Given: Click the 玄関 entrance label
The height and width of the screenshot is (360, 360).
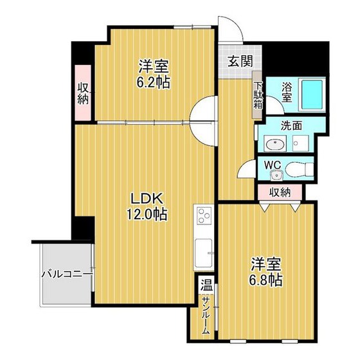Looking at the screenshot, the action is (240, 61).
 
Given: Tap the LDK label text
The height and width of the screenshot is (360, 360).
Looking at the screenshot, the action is (147, 199).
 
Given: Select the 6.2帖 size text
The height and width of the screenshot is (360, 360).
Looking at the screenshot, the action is (154, 82).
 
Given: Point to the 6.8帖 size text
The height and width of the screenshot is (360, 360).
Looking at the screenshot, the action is (265, 280).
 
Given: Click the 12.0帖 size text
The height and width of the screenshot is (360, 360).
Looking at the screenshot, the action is (147, 214).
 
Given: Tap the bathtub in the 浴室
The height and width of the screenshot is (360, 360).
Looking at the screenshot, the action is (312, 95).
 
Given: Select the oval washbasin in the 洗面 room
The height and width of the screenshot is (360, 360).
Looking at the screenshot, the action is (275, 145).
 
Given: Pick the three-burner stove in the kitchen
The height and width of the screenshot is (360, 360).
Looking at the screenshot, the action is (204, 216).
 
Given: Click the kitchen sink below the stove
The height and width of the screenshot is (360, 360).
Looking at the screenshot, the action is (204, 253).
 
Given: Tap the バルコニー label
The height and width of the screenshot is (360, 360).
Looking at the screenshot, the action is (67, 274).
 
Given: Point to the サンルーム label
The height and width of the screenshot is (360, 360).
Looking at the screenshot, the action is (206, 316).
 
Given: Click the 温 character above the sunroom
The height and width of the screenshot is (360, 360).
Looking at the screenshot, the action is (206, 285).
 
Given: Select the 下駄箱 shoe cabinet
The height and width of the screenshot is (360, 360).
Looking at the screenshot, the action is (257, 95).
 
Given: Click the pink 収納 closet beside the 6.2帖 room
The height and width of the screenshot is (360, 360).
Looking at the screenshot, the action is (83, 93).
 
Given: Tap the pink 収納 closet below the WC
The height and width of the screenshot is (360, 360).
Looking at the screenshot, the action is (280, 192).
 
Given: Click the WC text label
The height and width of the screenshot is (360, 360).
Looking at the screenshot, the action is (273, 165).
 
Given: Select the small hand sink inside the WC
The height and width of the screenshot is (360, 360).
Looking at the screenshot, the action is (276, 176).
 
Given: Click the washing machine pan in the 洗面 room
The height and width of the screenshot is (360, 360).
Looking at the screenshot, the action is (301, 143).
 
